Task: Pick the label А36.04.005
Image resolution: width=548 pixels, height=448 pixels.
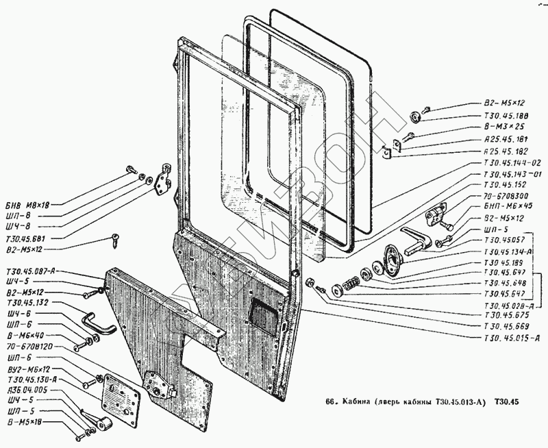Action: [x=27, y=390]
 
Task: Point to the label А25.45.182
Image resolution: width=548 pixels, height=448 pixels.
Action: [x=504, y=150]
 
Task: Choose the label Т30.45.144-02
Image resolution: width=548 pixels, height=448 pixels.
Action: [x=512, y=162]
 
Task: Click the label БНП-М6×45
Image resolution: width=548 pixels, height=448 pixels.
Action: [x=508, y=206]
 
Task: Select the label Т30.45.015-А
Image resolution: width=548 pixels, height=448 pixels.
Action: [x=512, y=338]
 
